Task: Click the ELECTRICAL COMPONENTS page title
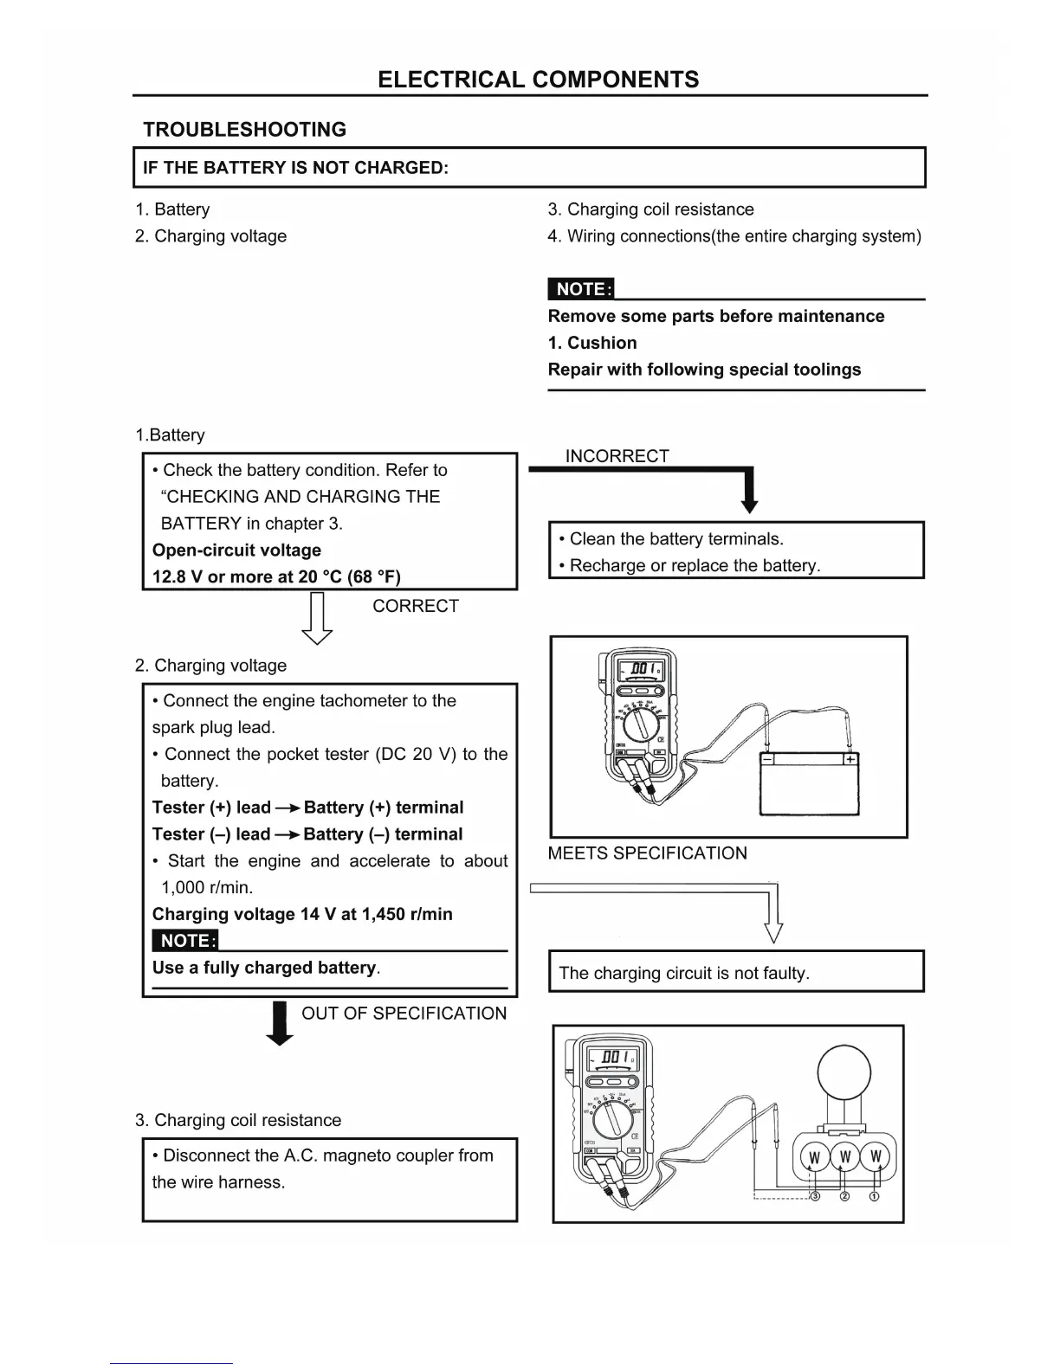538,80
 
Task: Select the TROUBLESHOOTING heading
244,130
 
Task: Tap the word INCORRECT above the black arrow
617,456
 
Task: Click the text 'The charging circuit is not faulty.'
684,973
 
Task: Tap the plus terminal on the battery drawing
851,759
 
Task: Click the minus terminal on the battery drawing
768,759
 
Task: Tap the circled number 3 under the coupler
814,1196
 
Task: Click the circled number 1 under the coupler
875,1196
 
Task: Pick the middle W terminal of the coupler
845,1157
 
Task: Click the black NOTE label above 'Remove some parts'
580,289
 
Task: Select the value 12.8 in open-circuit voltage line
169,577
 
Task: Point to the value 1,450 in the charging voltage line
384,914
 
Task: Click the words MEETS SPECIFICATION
647,853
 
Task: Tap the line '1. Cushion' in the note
592,343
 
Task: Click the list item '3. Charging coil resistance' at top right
650,209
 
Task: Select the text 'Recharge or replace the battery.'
694,566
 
